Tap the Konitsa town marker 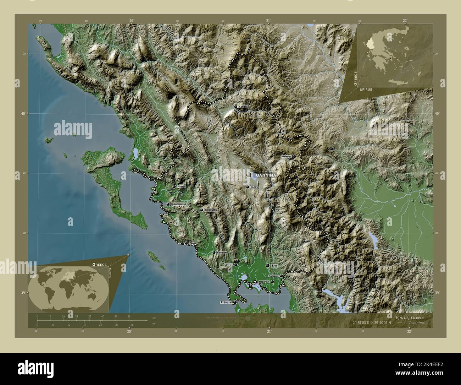(x=235, y=107)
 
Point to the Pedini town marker (x=248, y=187)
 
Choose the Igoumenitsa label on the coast (x=179, y=205)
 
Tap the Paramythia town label (x=211, y=210)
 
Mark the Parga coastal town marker (x=186, y=243)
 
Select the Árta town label (x=274, y=266)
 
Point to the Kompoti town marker (x=281, y=276)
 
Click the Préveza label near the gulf (x=226, y=303)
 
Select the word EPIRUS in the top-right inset (x=365, y=89)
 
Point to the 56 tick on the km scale (x=129, y=316)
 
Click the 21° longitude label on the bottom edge (x=269, y=332)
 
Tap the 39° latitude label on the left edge (x=23, y=293)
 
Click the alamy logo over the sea (x=73, y=129)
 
